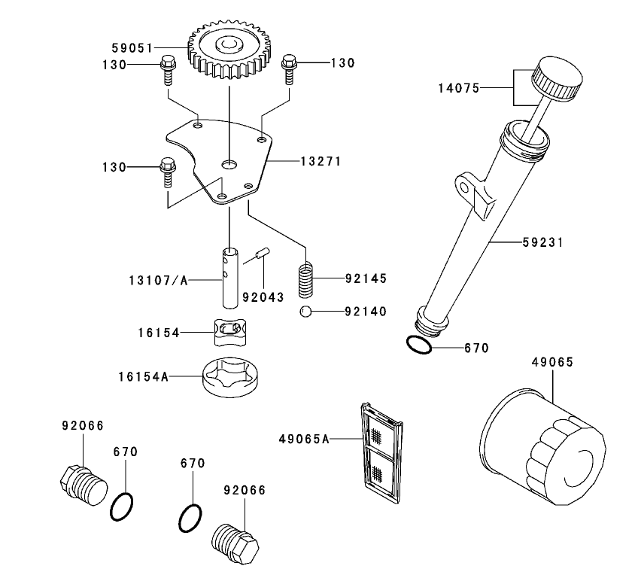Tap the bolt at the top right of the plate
(x=289, y=68)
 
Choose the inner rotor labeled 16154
(x=229, y=331)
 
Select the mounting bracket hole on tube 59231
(x=475, y=193)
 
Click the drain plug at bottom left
(x=81, y=486)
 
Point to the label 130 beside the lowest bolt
(x=114, y=166)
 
